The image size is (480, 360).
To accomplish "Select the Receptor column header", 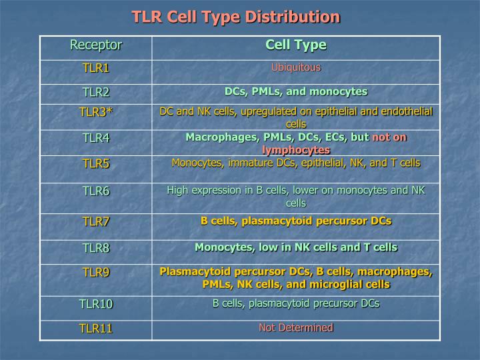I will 96,45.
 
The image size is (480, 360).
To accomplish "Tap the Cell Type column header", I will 295,45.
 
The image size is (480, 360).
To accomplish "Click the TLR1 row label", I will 96,68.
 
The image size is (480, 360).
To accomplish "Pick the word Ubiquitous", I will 295,67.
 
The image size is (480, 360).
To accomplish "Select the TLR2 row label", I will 96,92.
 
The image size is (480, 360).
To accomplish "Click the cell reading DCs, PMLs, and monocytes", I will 295,91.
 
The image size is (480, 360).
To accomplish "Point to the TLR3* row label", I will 96,111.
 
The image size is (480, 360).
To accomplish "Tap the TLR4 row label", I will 96,138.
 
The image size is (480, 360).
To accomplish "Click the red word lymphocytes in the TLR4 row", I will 295,150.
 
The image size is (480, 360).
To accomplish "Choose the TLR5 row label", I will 96,163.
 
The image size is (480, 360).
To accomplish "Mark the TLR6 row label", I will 96,191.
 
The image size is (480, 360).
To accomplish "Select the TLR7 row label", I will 96,221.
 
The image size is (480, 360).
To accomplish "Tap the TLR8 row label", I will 96,248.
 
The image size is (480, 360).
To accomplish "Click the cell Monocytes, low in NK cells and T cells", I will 295,247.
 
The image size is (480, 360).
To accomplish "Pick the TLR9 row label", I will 96,272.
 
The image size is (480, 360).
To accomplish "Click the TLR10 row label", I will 96,304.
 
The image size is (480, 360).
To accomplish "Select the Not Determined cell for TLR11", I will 295,327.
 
